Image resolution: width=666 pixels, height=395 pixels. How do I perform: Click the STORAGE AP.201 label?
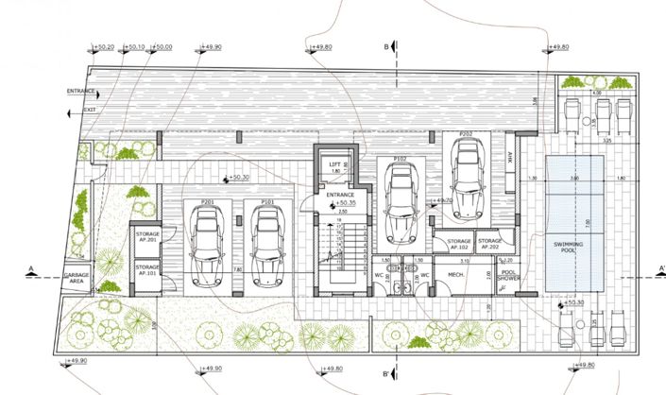(146, 235)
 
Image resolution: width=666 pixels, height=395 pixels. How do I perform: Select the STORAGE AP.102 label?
(459, 244)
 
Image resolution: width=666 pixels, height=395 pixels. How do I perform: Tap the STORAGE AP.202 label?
(489, 244)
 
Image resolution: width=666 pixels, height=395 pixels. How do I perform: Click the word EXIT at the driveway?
(90, 110)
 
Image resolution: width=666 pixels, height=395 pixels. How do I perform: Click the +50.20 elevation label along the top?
(104, 46)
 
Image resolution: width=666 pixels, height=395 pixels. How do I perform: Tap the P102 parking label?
(400, 160)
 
